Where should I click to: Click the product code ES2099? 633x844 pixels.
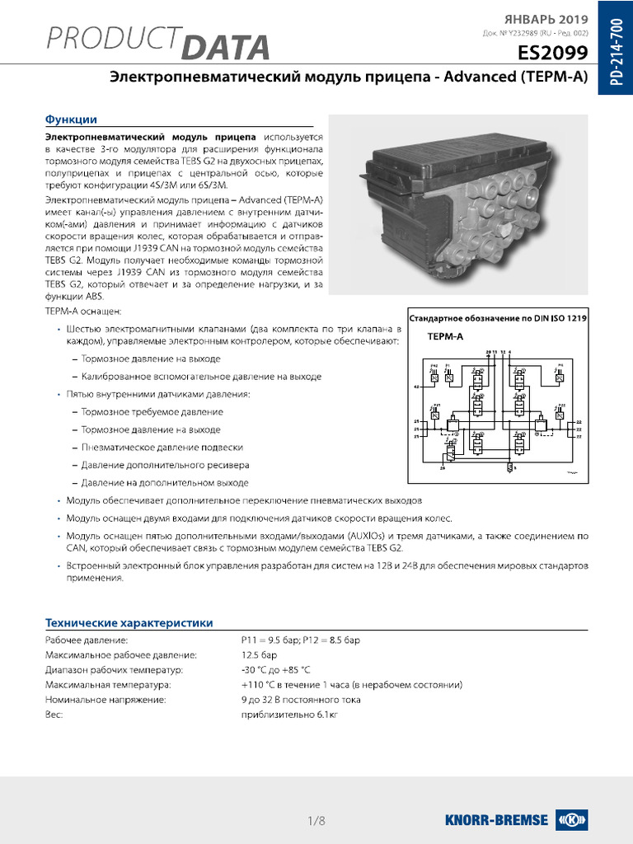(552, 54)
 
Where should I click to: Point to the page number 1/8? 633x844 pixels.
(316, 820)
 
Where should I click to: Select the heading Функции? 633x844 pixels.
(71, 120)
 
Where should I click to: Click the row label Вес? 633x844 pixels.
(54, 715)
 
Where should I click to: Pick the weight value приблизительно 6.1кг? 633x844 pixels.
(289, 715)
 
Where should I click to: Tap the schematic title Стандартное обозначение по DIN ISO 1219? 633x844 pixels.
(498, 317)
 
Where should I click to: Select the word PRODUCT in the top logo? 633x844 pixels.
(113, 40)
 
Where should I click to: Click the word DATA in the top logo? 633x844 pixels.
(225, 48)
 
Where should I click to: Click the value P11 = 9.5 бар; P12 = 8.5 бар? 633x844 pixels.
(301, 640)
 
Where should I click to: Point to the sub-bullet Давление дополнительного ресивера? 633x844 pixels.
(164, 465)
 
